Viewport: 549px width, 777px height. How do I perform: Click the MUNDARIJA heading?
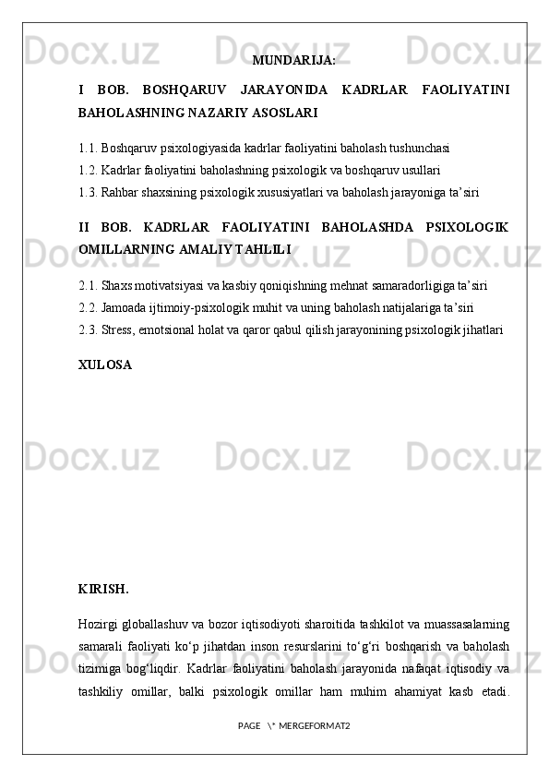[293, 61]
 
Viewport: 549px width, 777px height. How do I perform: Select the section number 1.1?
[88, 147]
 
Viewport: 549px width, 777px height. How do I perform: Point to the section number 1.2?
[88, 170]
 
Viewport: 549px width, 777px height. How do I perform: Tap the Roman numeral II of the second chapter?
[86, 227]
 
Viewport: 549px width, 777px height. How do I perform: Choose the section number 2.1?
[88, 283]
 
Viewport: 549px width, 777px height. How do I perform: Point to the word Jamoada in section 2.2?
[125, 306]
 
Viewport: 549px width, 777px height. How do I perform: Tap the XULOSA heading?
[105, 365]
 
